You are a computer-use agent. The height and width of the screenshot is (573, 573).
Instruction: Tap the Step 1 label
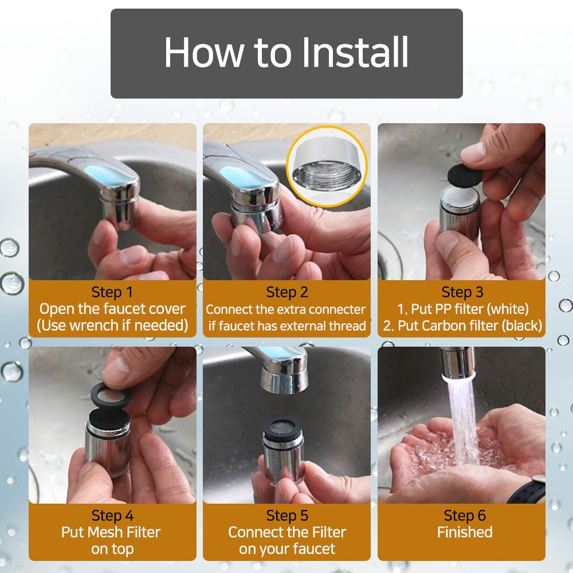(x=112, y=292)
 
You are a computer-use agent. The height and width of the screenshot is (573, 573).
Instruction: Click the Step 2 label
(x=287, y=292)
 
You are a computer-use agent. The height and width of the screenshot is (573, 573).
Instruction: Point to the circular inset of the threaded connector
(x=327, y=166)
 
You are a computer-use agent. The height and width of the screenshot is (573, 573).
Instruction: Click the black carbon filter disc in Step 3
(x=465, y=175)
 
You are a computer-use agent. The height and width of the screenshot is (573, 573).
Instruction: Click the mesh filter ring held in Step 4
(x=111, y=395)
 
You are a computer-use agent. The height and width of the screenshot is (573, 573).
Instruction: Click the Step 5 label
(x=287, y=516)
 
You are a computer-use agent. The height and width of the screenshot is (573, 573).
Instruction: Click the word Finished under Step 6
(x=465, y=532)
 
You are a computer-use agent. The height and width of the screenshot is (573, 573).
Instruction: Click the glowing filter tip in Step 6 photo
(x=457, y=377)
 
